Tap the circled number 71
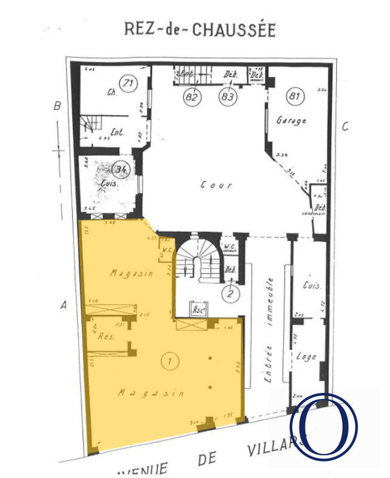tap(127, 82)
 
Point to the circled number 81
tap(294, 95)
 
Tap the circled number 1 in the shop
tap(171, 360)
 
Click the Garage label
tap(291, 121)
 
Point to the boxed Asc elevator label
tap(199, 310)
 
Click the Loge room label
tap(305, 357)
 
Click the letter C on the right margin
tap(345, 126)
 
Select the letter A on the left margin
tap(63, 305)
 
